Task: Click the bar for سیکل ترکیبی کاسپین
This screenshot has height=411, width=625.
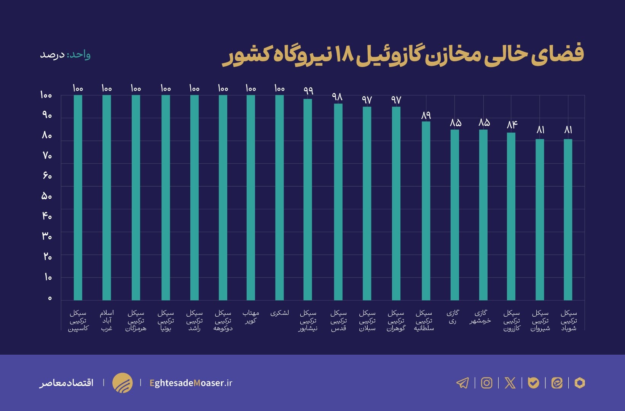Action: (78, 198)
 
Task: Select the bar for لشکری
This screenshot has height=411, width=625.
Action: (279, 198)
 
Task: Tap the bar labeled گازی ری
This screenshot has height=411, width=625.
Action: (454, 215)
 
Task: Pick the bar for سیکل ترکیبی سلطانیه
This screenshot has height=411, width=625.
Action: (426, 211)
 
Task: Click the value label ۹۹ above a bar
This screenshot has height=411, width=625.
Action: (308, 91)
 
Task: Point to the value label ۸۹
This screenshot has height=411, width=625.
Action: (426, 115)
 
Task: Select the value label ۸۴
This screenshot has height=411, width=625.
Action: (512, 125)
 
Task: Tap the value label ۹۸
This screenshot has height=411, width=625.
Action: (337, 97)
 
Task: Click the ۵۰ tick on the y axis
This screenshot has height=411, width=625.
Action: (46, 196)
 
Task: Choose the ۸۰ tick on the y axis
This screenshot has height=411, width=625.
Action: (46, 135)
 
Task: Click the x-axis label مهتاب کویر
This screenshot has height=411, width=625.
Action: (250, 317)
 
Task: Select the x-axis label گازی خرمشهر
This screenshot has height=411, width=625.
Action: (480, 317)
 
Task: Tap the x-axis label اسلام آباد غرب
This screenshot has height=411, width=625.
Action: (107, 320)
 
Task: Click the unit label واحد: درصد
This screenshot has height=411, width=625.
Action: (65, 55)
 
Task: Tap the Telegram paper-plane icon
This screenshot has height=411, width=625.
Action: (462, 382)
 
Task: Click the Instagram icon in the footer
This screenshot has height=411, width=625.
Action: (486, 382)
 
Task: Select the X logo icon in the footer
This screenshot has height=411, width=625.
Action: (510, 382)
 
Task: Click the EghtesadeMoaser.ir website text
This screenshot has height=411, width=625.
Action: (191, 383)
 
